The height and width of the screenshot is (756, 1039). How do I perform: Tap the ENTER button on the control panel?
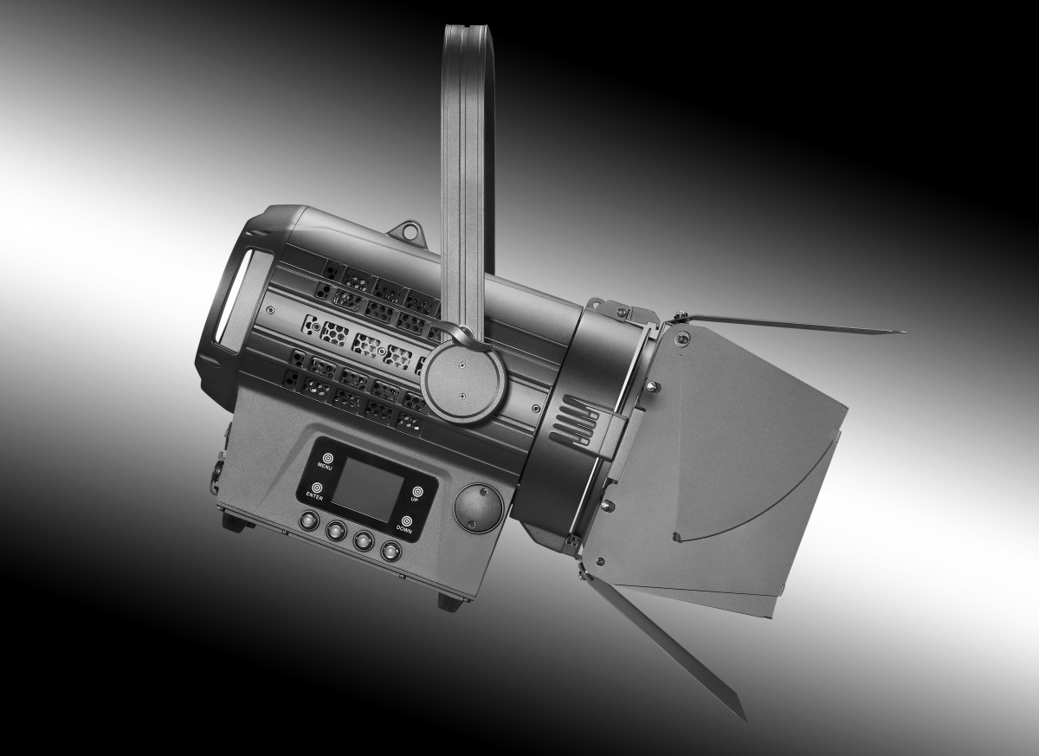click(317, 488)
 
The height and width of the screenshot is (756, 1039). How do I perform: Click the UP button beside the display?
click(417, 491)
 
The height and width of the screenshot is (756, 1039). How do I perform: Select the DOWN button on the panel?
click(407, 520)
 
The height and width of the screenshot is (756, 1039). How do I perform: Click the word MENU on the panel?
click(325, 465)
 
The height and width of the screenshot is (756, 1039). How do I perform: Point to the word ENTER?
click(314, 497)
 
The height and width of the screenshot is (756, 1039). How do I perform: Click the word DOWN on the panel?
click(404, 529)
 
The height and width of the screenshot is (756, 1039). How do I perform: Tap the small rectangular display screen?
click(367, 489)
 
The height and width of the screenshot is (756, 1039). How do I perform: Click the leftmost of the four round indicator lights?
click(309, 520)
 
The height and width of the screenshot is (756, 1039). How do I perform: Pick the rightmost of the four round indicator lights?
click(390, 551)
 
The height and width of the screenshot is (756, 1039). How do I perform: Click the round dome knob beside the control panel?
click(478, 507)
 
